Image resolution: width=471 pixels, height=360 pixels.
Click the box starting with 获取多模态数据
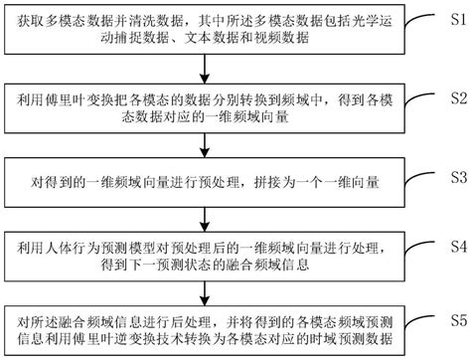click(x=206, y=29)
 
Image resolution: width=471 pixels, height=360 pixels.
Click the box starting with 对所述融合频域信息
click(x=206, y=330)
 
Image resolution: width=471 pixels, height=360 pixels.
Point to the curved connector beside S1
click(x=422, y=22)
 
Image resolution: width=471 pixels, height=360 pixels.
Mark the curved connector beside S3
click(x=422, y=179)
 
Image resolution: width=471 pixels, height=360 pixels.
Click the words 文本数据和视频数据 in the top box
click(x=166, y=40)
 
